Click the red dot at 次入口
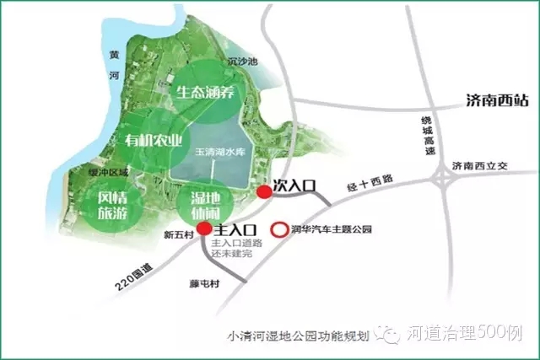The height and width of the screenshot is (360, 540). coord(264,192)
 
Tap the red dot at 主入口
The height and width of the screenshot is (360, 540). coord(204,228)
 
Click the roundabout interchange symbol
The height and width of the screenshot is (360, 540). coord(444,179)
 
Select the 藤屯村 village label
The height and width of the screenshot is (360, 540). coord(204,284)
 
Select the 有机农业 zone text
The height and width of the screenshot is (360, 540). coord(154,139)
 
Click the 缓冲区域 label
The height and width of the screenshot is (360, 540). coord(109,173)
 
